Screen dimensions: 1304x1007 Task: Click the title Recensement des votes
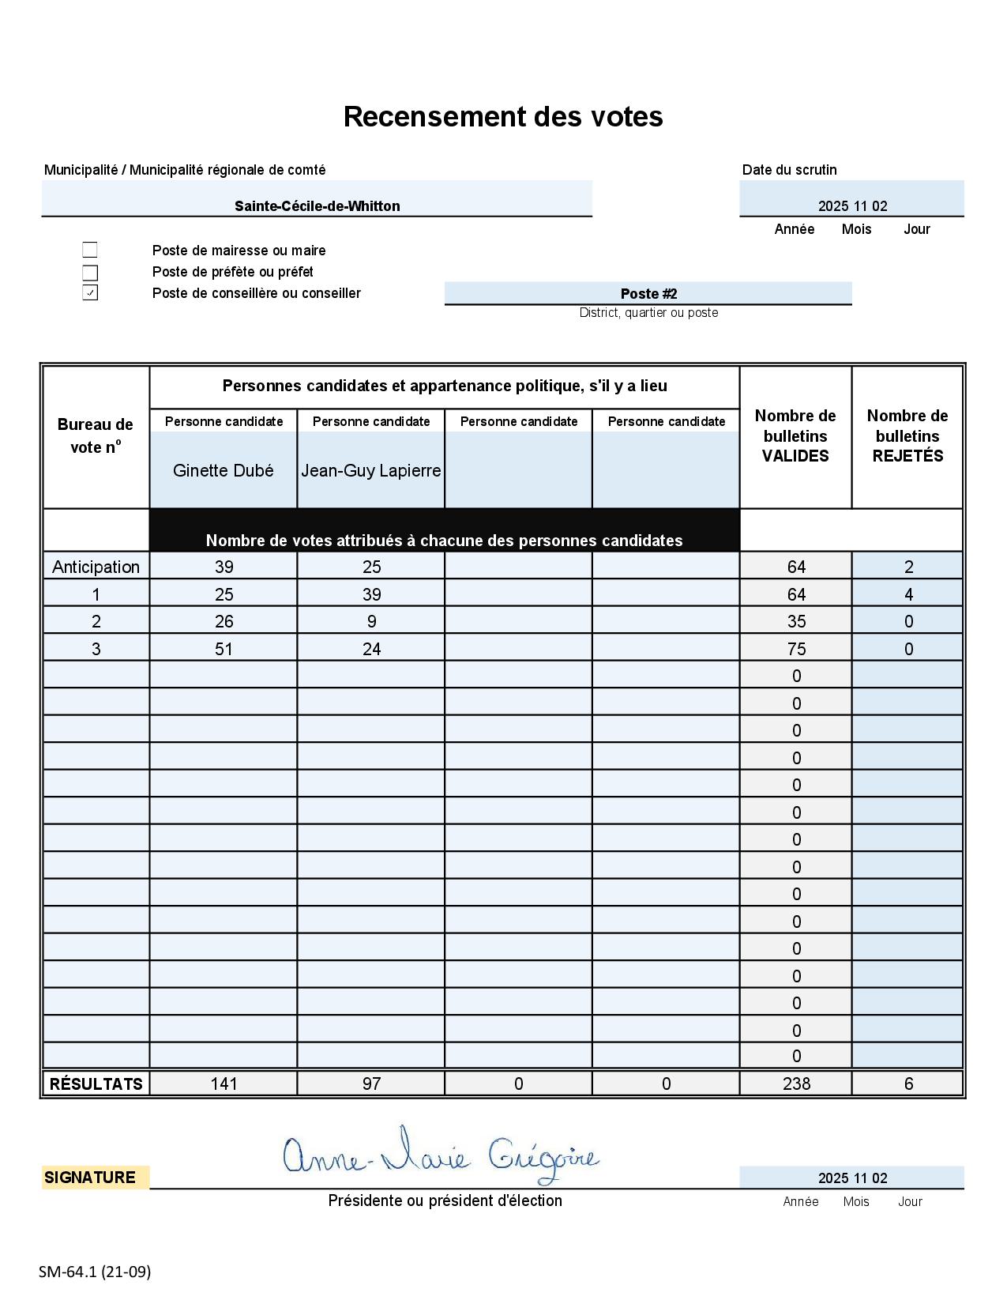pos(503,116)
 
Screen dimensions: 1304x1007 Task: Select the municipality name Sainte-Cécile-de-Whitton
pos(317,206)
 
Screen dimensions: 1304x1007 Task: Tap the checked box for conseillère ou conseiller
pos(90,293)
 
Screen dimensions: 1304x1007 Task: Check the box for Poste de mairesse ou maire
pos(90,250)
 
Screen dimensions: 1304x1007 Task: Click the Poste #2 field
pos(648,293)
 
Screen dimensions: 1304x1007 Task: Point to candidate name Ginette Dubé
pos(224,470)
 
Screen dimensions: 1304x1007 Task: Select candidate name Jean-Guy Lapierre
pos(371,470)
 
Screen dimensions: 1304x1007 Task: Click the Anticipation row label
pos(96,567)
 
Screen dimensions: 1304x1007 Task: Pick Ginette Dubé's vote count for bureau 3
pos(224,649)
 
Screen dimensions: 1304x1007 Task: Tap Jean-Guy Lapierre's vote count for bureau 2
pos(372,621)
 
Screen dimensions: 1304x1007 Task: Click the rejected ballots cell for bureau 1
pos(908,594)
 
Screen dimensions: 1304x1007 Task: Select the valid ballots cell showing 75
pos(796,649)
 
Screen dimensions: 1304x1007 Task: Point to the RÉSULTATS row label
pos(96,1084)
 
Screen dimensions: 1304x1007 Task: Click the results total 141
pos(224,1084)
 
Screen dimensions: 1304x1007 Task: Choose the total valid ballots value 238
pos(796,1084)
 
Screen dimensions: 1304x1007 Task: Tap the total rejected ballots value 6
pos(908,1084)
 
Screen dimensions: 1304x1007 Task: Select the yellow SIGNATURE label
pos(90,1178)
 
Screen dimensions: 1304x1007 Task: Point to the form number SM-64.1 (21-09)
pos(95,1272)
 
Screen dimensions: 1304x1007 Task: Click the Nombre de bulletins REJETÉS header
pos(907,435)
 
